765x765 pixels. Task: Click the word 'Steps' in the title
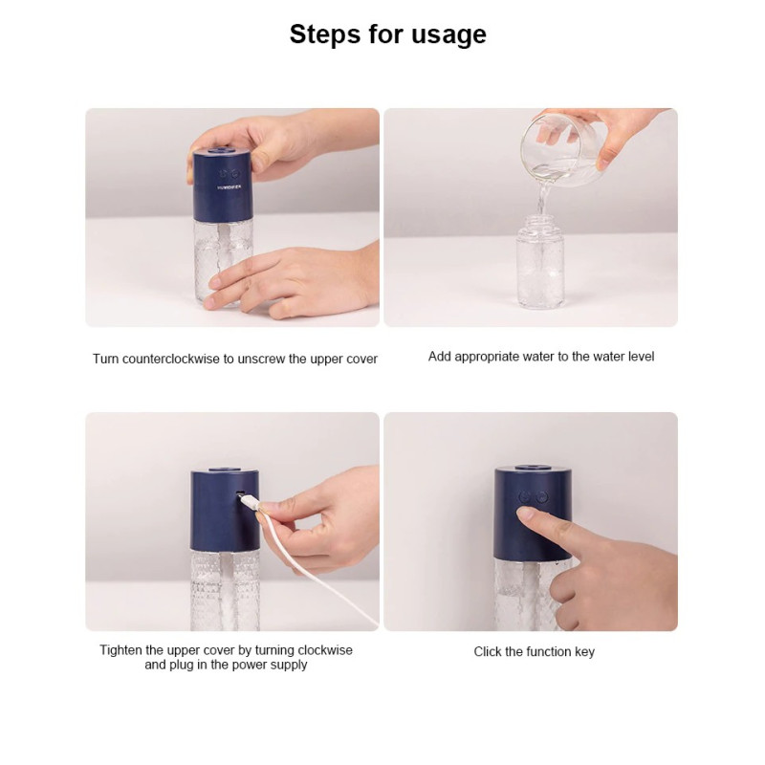(325, 35)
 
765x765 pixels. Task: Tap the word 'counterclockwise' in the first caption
(171, 360)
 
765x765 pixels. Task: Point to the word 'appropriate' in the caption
(487, 357)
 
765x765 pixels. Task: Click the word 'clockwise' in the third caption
(324, 650)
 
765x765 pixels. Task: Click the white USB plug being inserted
(250, 502)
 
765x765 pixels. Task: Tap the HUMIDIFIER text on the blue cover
(229, 186)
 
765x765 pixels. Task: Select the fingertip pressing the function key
(524, 514)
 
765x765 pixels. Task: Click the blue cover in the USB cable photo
(225, 510)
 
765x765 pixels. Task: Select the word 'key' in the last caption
(585, 652)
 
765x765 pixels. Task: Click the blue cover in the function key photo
(533, 513)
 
